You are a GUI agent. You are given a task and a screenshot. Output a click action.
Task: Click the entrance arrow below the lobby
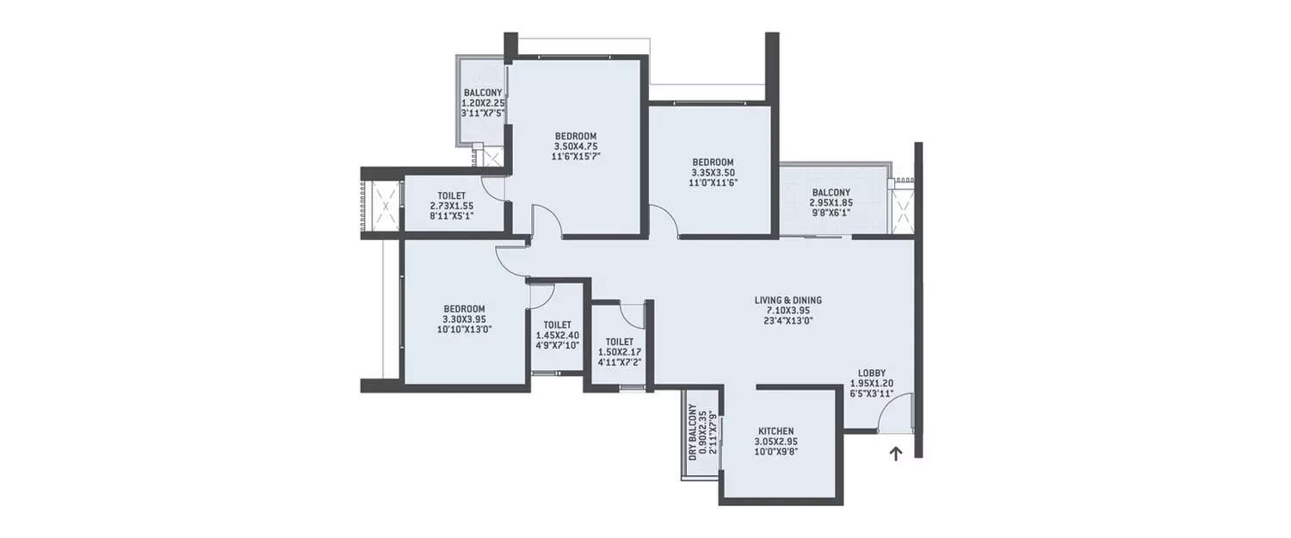pyautogui.click(x=895, y=454)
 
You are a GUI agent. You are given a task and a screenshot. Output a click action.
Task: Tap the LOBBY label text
pyautogui.click(x=872, y=373)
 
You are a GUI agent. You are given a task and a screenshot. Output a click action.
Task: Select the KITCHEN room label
pyautogui.click(x=775, y=431)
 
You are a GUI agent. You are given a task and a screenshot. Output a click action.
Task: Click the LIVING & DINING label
pyautogui.click(x=788, y=300)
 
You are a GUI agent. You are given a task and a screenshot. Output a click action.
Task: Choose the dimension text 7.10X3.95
pyautogui.click(x=788, y=310)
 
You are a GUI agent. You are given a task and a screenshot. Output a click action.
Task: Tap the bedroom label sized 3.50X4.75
pyautogui.click(x=576, y=136)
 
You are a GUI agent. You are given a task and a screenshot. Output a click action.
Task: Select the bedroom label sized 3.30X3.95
pyautogui.click(x=464, y=309)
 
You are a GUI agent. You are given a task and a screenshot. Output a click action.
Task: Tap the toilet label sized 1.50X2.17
pyautogui.click(x=619, y=342)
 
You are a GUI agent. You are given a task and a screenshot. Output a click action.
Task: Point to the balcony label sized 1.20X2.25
pyautogui.click(x=483, y=93)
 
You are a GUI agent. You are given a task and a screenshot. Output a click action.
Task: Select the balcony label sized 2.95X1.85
pyautogui.click(x=830, y=193)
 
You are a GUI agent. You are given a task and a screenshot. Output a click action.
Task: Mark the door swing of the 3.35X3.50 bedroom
pyautogui.click(x=664, y=220)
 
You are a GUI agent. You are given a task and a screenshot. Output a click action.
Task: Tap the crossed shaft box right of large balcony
pyautogui.click(x=903, y=210)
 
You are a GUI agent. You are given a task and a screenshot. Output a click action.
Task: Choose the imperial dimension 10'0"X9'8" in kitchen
pyautogui.click(x=775, y=451)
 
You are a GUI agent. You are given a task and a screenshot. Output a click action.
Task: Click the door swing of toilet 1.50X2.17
pyautogui.click(x=632, y=315)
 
